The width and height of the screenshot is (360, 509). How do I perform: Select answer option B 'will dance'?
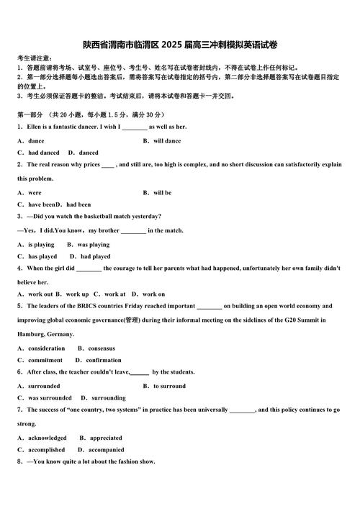point(166,141)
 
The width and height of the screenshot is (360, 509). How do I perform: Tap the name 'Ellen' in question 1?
point(35,127)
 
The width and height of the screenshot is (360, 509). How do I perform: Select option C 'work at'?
point(114,294)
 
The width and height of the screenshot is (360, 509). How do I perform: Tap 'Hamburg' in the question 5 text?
point(32,334)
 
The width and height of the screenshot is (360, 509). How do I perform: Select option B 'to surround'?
point(168,386)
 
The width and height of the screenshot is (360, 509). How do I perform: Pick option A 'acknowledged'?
point(47,438)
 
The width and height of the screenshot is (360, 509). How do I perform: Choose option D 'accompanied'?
point(104,449)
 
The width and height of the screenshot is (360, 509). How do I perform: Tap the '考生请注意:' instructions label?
point(34,58)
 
